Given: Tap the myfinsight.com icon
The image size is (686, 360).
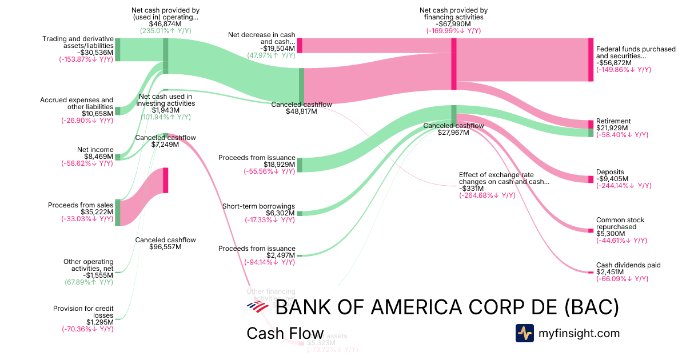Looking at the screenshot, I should click(x=525, y=333).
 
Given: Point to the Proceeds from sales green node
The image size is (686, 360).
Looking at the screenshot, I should click(x=118, y=213).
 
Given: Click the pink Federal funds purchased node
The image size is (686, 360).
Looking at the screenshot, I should click(x=591, y=59).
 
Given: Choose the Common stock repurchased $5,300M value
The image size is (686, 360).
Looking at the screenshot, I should click(x=610, y=234).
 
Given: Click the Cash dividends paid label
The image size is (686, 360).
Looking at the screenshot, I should click(x=628, y=265).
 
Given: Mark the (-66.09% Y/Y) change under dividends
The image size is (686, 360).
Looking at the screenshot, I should click(x=622, y=279).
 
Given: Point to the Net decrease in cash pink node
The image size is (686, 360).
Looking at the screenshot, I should click(x=299, y=46).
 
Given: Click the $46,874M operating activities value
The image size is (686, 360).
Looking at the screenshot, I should click(x=165, y=24).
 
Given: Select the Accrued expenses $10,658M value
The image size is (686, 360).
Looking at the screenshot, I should click(x=97, y=114).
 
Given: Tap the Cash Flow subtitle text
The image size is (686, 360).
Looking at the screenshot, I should click(x=285, y=333).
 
